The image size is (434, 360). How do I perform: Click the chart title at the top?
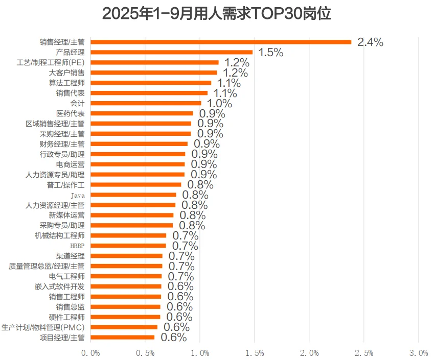[x=217, y=14]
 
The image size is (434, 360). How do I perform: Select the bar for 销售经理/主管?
[x=221, y=42]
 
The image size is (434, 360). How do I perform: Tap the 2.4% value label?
[x=370, y=42]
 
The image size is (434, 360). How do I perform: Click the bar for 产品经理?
[x=171, y=52]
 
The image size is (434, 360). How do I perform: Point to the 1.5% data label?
[x=270, y=53]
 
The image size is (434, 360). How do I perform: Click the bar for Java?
[x=133, y=195]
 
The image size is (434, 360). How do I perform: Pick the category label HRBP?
[x=77, y=246]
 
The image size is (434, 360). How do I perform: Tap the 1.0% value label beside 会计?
[x=219, y=104]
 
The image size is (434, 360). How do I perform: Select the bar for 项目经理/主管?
[x=122, y=337]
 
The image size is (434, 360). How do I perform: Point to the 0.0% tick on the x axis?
[x=91, y=353]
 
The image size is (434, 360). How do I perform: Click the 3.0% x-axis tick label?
[x=419, y=353]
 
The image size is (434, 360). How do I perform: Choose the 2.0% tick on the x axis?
[x=309, y=353]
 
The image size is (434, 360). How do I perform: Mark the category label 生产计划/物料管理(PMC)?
[x=43, y=327]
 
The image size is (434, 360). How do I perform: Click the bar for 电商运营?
[x=138, y=164]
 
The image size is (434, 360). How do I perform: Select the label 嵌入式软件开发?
[x=59, y=286]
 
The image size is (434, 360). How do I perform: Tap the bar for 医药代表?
[x=142, y=113]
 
